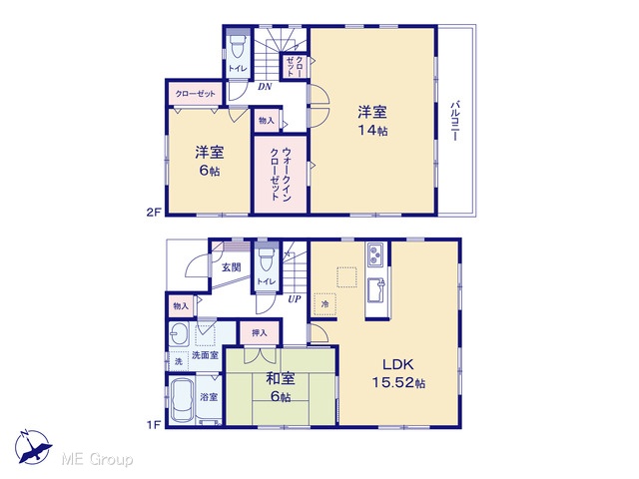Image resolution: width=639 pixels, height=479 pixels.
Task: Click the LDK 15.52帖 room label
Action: tap(398, 373)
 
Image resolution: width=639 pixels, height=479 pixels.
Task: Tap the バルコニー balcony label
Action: tap(455, 121)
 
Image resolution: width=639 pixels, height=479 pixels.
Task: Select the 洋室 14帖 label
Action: tap(372, 121)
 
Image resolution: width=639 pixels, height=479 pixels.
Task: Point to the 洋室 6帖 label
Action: tap(210, 161)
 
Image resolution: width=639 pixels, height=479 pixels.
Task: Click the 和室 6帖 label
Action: tap(281, 387)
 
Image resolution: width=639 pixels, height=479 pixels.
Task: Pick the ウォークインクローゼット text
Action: tap(281, 175)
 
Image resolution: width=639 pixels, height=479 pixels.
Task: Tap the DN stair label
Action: tap(265, 87)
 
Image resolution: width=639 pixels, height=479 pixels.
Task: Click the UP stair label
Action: tap(295, 299)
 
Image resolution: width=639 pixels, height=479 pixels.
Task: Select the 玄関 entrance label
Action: tap(231, 267)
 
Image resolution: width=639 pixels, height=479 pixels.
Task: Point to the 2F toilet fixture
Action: tap(239, 47)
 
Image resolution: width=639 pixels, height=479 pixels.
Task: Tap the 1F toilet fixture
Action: tap(267, 259)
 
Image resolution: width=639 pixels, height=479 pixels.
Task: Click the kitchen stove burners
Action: tap(375, 254)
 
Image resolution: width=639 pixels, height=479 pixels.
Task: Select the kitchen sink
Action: tap(376, 290)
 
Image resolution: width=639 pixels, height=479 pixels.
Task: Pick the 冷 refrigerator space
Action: tap(324, 304)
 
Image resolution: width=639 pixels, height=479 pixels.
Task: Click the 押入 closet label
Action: tap(260, 332)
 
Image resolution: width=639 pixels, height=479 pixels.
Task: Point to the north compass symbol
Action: tap(33, 447)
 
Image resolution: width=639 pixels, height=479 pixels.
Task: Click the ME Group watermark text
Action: tap(97, 459)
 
